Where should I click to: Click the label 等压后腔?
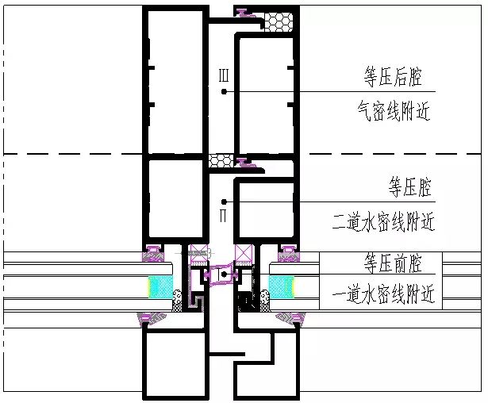pos(393,78)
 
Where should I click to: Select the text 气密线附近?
pos(394,111)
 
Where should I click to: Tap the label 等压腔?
pos(410,187)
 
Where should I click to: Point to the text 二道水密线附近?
pos(383,221)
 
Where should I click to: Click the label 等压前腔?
pos(393,263)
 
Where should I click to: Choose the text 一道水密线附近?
pos(383,294)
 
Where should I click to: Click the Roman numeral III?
pos(224,75)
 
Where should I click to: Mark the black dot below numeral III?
pos(224,91)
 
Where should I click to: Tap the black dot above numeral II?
pos(224,201)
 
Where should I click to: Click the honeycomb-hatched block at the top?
pos(278,21)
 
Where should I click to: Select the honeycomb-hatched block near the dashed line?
pos(221,161)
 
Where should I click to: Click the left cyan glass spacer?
pos(160,286)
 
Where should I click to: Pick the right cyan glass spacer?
pos(281,286)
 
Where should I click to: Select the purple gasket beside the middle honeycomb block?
pos(247,163)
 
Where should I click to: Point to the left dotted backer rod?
pos(177,301)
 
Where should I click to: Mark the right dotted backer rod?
pos(264,301)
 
